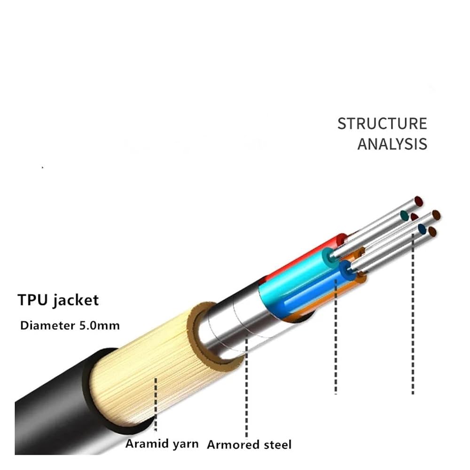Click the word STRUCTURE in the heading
click(x=382, y=124)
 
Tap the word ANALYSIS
click(x=392, y=144)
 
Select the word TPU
click(x=32, y=300)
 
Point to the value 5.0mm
click(x=99, y=326)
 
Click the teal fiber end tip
click(x=404, y=215)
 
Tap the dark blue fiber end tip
click(x=422, y=229)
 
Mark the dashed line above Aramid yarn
click(x=156, y=404)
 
